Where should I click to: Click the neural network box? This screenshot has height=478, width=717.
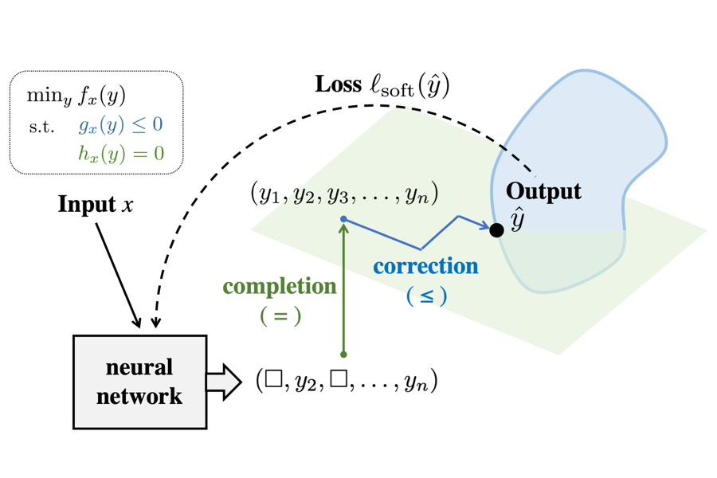(139, 382)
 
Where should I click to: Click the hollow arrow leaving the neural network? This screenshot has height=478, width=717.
(223, 382)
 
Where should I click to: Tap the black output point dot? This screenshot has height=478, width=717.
(496, 230)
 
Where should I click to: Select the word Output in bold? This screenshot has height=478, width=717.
(543, 191)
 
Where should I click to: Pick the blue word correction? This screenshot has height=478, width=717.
(426, 266)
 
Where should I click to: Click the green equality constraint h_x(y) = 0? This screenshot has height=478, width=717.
(121, 153)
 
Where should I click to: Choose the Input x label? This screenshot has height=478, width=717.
(96, 205)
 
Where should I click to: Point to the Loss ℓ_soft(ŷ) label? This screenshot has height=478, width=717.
(382, 85)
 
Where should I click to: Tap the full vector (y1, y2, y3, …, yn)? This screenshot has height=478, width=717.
(344, 194)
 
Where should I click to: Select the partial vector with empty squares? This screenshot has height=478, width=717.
(347, 381)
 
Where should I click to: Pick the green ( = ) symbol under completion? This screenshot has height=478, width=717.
(280, 315)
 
